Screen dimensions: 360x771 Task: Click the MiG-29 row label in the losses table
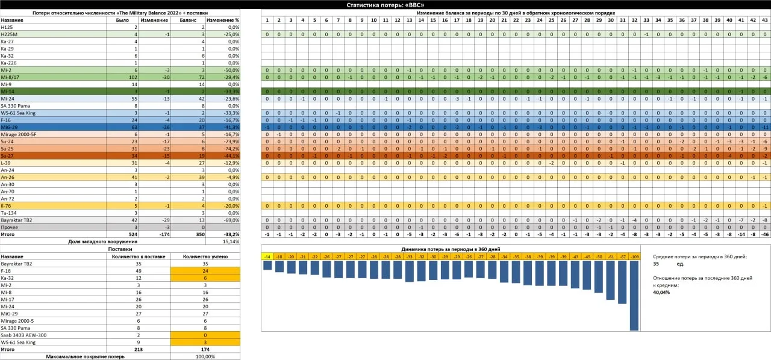point(8,127)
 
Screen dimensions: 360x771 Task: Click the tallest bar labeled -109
point(634,295)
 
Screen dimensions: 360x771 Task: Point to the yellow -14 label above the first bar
point(267,256)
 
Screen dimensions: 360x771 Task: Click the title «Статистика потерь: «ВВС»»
point(385,5)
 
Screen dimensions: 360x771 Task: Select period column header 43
point(764,20)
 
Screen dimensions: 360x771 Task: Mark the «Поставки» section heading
point(120,249)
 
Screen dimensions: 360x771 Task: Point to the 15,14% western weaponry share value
point(231,241)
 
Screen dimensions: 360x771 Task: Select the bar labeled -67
point(622,282)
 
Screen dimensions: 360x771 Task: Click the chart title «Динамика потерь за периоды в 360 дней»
point(450,249)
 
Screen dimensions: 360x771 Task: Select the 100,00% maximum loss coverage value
point(205,356)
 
